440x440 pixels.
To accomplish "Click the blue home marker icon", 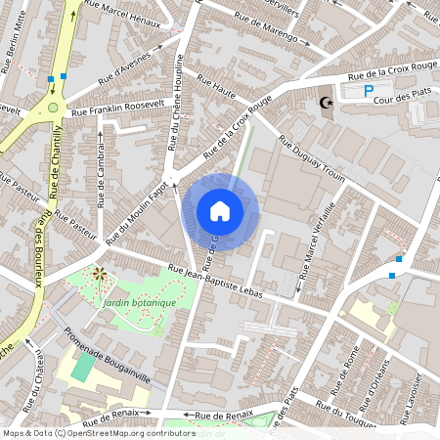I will [x=220, y=211].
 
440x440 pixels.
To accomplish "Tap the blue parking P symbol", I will [x=370, y=91].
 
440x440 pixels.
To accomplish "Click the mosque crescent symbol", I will [x=328, y=102].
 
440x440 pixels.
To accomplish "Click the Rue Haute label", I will [x=218, y=87].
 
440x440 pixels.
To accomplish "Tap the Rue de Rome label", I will [x=347, y=370].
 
